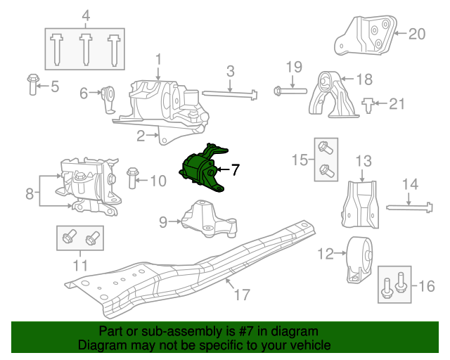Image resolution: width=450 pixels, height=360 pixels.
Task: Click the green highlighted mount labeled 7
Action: point(202,169)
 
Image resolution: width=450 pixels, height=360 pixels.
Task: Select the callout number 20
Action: point(417,33)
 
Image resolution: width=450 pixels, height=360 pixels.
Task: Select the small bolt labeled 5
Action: point(32,86)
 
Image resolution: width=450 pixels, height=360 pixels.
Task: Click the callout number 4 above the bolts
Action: point(85,15)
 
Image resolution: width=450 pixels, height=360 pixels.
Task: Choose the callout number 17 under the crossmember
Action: point(241,295)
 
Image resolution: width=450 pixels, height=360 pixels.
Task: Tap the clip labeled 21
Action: point(368,105)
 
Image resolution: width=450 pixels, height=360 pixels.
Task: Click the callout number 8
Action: point(29,192)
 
